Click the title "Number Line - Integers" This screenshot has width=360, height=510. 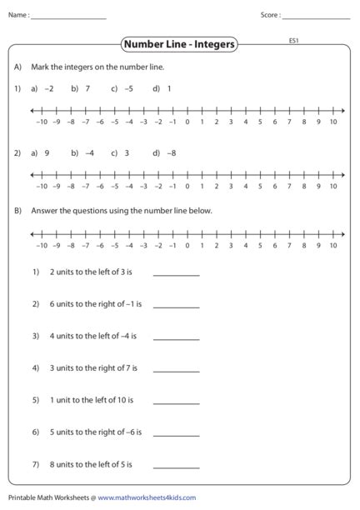pyautogui.click(x=179, y=44)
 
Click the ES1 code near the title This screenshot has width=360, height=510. pyautogui.click(x=294, y=40)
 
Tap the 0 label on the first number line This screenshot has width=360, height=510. pyautogui.click(x=187, y=122)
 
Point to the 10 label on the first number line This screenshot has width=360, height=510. pyautogui.click(x=332, y=122)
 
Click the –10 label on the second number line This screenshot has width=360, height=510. pyautogui.click(x=42, y=187)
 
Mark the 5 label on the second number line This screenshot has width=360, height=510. pyautogui.click(x=260, y=187)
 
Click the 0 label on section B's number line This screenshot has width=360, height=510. pyautogui.click(x=187, y=246)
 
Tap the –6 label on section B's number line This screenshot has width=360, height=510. pyautogui.click(x=100, y=246)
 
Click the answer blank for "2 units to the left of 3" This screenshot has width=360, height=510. pyautogui.click(x=177, y=273)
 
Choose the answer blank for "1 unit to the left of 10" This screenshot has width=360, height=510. pyautogui.click(x=177, y=402)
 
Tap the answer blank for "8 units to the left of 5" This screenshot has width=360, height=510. pyautogui.click(x=177, y=466)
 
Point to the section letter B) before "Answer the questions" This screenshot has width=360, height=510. pyautogui.click(x=17, y=211)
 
